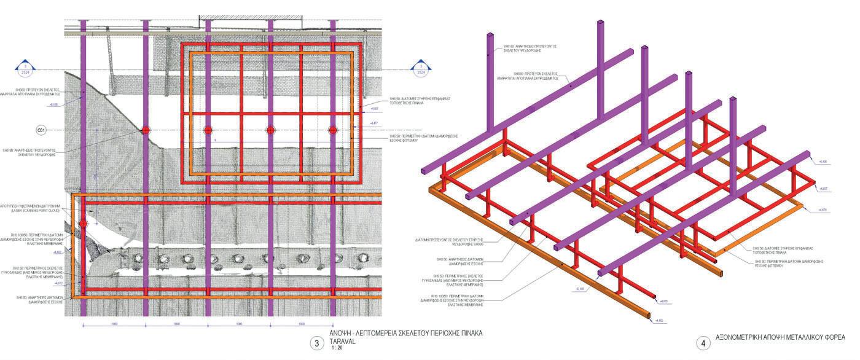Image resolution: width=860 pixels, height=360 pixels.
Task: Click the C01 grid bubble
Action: coord(42,130)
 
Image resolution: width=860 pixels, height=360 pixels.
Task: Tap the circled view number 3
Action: coord(317,343)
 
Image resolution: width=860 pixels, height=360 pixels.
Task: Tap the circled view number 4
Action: coord(703,343)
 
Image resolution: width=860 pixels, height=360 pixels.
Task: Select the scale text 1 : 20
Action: coord(337,348)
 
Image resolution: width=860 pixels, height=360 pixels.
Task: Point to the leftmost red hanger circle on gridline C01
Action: coord(146,130)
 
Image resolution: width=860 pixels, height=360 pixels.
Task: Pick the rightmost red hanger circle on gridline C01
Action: coord(333,130)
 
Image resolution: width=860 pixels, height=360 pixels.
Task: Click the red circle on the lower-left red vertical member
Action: coord(84,224)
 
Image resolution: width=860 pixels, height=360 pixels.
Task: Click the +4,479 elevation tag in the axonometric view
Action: coord(823,210)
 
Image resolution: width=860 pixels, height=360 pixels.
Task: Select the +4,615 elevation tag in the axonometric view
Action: coord(664,301)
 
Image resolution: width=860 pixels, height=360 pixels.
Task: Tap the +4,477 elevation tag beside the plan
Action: coord(374,123)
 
